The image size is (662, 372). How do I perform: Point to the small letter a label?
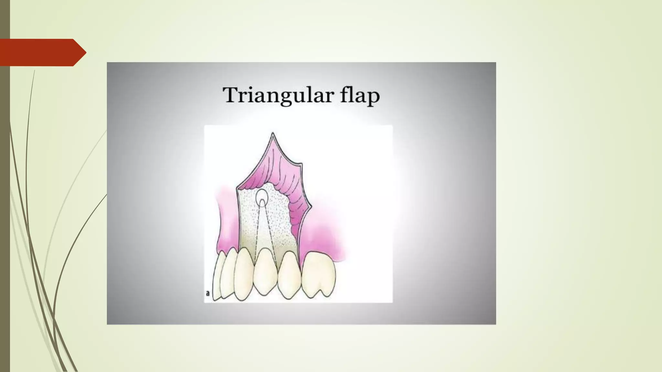pos(208,294)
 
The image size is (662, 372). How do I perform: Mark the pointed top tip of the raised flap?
pos(273,133)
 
